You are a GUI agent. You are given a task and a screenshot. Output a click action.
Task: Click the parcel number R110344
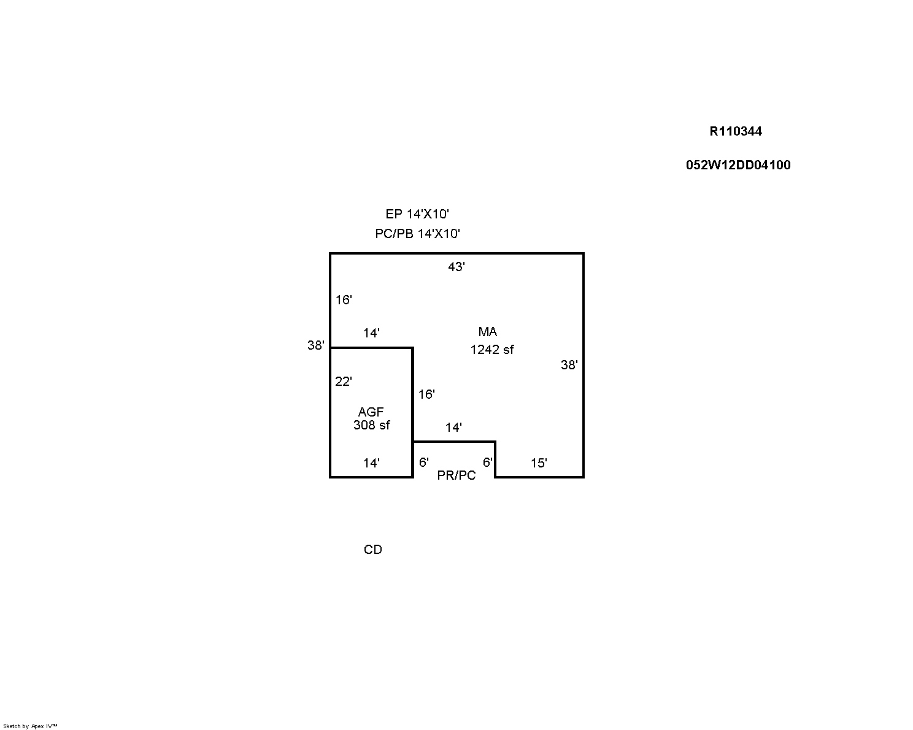click(736, 131)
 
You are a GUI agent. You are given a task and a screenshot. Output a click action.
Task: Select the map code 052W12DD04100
click(738, 165)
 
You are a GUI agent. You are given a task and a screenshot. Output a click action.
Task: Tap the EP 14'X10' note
click(417, 214)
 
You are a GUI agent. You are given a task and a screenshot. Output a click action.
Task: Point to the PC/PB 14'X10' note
click(417, 234)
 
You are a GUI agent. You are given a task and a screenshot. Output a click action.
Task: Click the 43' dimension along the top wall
click(456, 267)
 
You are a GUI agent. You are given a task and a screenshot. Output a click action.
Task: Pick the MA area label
click(487, 332)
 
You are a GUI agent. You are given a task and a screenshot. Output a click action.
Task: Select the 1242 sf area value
click(492, 350)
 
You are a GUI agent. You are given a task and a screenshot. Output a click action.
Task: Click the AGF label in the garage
click(371, 412)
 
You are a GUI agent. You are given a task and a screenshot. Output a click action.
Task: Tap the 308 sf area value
click(372, 425)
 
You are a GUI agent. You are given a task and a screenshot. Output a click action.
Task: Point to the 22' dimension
click(344, 382)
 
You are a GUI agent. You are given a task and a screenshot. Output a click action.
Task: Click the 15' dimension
click(539, 463)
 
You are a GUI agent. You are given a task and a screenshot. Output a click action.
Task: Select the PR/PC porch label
click(456, 475)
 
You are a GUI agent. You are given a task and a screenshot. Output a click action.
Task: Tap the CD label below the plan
click(373, 550)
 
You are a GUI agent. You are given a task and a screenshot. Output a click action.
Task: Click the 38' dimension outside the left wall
click(316, 346)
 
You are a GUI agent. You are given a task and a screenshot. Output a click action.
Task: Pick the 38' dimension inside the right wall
click(569, 365)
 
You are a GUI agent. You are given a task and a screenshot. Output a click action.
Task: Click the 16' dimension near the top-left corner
click(344, 301)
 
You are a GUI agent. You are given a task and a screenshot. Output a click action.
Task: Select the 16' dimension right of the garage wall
click(426, 394)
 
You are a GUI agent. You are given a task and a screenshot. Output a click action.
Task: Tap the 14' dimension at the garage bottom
click(371, 463)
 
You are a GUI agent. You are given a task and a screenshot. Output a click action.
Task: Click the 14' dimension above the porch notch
click(453, 428)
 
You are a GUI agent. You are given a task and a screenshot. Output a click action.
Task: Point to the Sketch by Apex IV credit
click(30, 726)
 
